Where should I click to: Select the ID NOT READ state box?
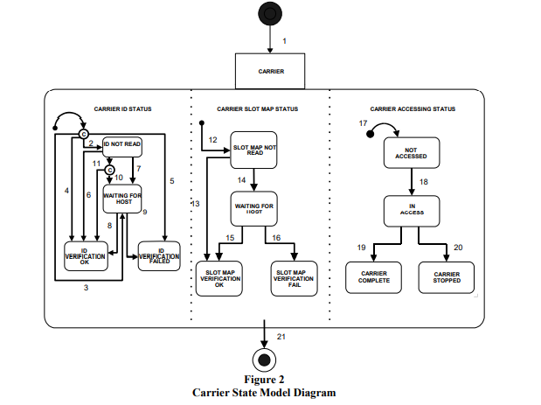click(121, 145)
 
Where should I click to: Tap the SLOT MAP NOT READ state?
click(254, 150)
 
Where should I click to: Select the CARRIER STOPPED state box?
click(446, 277)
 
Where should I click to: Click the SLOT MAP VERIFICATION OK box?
click(220, 277)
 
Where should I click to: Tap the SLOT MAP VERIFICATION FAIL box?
click(294, 277)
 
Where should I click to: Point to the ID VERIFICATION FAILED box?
click(159, 255)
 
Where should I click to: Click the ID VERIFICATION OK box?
click(87, 255)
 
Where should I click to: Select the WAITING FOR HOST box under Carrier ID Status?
click(122, 199)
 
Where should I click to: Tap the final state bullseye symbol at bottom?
click(263, 360)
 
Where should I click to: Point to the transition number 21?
click(280, 336)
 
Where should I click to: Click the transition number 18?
click(424, 181)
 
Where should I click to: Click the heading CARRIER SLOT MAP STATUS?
click(257, 109)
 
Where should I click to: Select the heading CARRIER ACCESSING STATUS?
click(412, 109)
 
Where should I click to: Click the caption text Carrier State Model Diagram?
click(263, 393)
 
